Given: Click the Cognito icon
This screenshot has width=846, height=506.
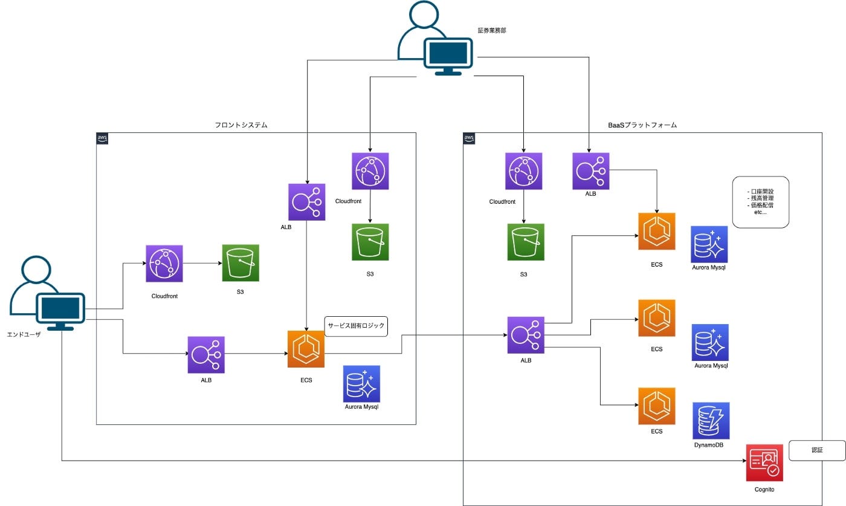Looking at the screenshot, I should pos(764,462).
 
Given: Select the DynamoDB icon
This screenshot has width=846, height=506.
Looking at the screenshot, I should pos(711,421).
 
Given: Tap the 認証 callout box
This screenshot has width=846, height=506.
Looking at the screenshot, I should pos(817,450).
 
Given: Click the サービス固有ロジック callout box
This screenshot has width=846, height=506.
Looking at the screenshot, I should pos(356,326).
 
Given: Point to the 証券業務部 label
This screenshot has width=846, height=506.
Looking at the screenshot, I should pos(491,30).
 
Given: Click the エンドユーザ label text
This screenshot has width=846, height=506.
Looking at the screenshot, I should pos(24,334).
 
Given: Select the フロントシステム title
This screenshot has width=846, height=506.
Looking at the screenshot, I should pos(241,125).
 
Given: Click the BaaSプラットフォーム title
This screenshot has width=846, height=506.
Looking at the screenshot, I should pos(642,125).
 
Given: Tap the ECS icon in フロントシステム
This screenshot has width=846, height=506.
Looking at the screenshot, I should pos(306,349).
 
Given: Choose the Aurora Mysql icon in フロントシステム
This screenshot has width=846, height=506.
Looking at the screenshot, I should pos(361,384).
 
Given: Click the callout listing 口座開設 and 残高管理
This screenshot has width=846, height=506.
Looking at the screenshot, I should pos(760,202).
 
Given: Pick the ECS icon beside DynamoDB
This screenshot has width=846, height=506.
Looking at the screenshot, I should pos(657,406).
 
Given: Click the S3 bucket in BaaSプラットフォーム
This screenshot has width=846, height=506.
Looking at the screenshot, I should pos(526,242).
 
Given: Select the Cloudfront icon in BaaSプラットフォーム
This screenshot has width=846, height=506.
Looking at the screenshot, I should pos(523,171).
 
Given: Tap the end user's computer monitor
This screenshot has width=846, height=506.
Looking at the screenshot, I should pos(60,309).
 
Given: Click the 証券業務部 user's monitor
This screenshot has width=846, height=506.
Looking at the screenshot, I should pos(448,54).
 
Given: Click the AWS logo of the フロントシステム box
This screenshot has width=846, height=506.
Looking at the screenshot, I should pos(103,138).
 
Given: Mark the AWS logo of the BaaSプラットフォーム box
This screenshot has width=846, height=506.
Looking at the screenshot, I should pos(469,138).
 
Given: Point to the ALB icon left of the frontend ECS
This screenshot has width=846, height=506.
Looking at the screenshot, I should pos(206,355).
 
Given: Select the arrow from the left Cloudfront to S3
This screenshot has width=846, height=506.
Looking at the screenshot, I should pos(202,264).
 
